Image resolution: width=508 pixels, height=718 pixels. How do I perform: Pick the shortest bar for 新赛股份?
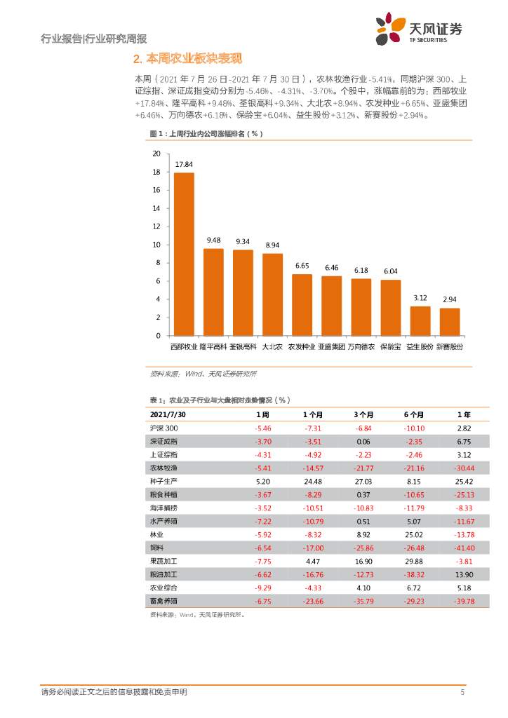450,322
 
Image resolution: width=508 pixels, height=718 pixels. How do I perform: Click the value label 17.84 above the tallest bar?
184,165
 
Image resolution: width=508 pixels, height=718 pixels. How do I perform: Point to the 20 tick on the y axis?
156,153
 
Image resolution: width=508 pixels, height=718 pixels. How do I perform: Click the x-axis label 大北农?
272,346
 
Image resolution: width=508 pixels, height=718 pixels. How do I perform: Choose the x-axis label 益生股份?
420,346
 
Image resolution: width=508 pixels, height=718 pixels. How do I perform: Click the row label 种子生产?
163,481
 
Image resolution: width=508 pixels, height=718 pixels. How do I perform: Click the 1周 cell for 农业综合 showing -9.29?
263,587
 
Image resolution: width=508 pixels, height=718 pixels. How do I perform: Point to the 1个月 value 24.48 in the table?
313,481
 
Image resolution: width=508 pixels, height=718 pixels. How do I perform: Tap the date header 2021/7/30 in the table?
168,414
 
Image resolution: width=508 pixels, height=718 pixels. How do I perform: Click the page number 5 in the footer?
462,693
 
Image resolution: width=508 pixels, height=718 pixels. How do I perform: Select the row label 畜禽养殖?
163,600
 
